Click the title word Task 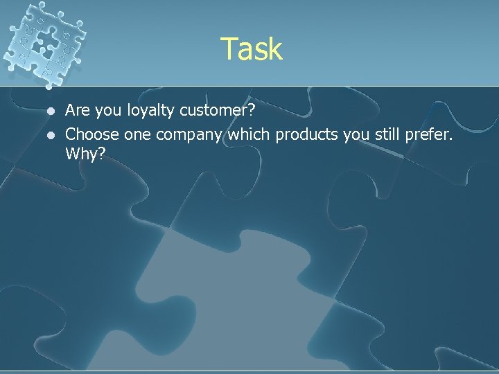point(252,49)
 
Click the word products point(306,133)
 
